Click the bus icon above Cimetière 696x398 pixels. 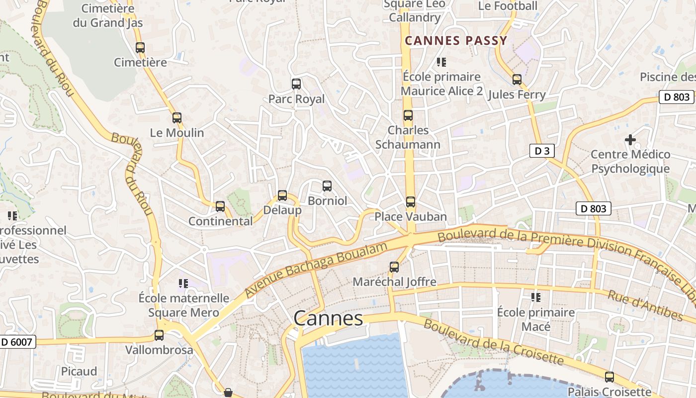(140, 48)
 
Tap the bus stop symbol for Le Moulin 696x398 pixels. (177, 118)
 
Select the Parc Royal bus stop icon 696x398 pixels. (296, 84)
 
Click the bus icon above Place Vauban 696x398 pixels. (411, 201)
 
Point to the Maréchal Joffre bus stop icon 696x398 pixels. (394, 267)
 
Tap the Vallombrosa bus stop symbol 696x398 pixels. (159, 335)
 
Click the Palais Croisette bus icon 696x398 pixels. (609, 377)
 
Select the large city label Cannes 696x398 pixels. (328, 318)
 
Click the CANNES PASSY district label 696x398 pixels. (456, 41)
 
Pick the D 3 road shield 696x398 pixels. (542, 151)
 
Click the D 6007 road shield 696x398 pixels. (17, 342)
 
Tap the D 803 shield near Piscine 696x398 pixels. (677, 97)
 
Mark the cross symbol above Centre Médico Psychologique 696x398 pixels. (630, 140)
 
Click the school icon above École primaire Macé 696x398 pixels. (536, 298)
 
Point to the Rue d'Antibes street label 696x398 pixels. (645, 305)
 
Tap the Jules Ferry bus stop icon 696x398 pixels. (517, 80)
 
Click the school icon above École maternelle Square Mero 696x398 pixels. (183, 284)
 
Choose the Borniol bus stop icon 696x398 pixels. (327, 186)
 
